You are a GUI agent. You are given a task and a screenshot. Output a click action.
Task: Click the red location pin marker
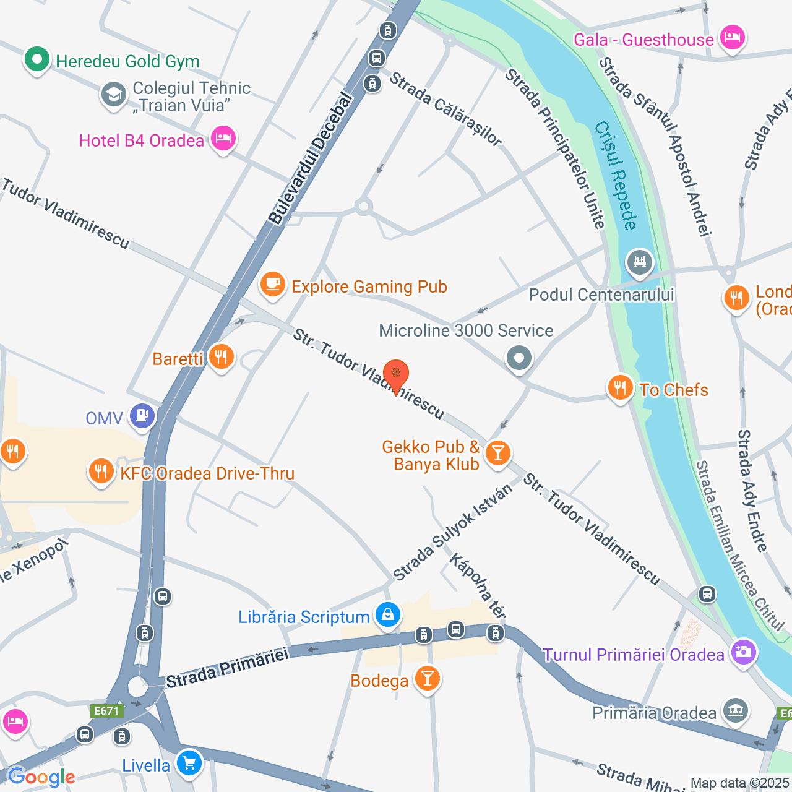396,375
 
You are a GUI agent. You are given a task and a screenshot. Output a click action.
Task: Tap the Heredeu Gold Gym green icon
37,60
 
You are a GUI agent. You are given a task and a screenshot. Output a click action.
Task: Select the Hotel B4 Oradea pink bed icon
223,139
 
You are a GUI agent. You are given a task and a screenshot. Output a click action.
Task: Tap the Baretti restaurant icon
221,357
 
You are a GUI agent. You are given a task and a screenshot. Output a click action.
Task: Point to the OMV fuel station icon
142,416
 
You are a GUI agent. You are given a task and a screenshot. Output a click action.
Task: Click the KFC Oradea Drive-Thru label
207,474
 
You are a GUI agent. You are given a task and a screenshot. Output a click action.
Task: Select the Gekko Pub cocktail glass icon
497,454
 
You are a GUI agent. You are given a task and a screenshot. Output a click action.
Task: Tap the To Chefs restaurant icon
620,388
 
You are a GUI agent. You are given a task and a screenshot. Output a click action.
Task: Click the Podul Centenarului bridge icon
639,262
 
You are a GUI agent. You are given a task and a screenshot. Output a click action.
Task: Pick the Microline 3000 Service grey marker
519,358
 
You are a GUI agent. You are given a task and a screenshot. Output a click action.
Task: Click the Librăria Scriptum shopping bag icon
388,614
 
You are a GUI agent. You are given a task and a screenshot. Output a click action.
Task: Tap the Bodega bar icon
427,678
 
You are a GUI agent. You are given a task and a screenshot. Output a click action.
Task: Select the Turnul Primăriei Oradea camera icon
743,652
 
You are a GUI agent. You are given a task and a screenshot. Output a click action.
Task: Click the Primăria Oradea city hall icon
736,710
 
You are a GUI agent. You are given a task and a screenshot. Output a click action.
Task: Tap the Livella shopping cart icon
189,763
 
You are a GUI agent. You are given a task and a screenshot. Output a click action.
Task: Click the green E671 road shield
106,711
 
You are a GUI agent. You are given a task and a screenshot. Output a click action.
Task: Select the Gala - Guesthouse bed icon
733,38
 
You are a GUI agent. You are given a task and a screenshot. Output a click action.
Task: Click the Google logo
41,777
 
